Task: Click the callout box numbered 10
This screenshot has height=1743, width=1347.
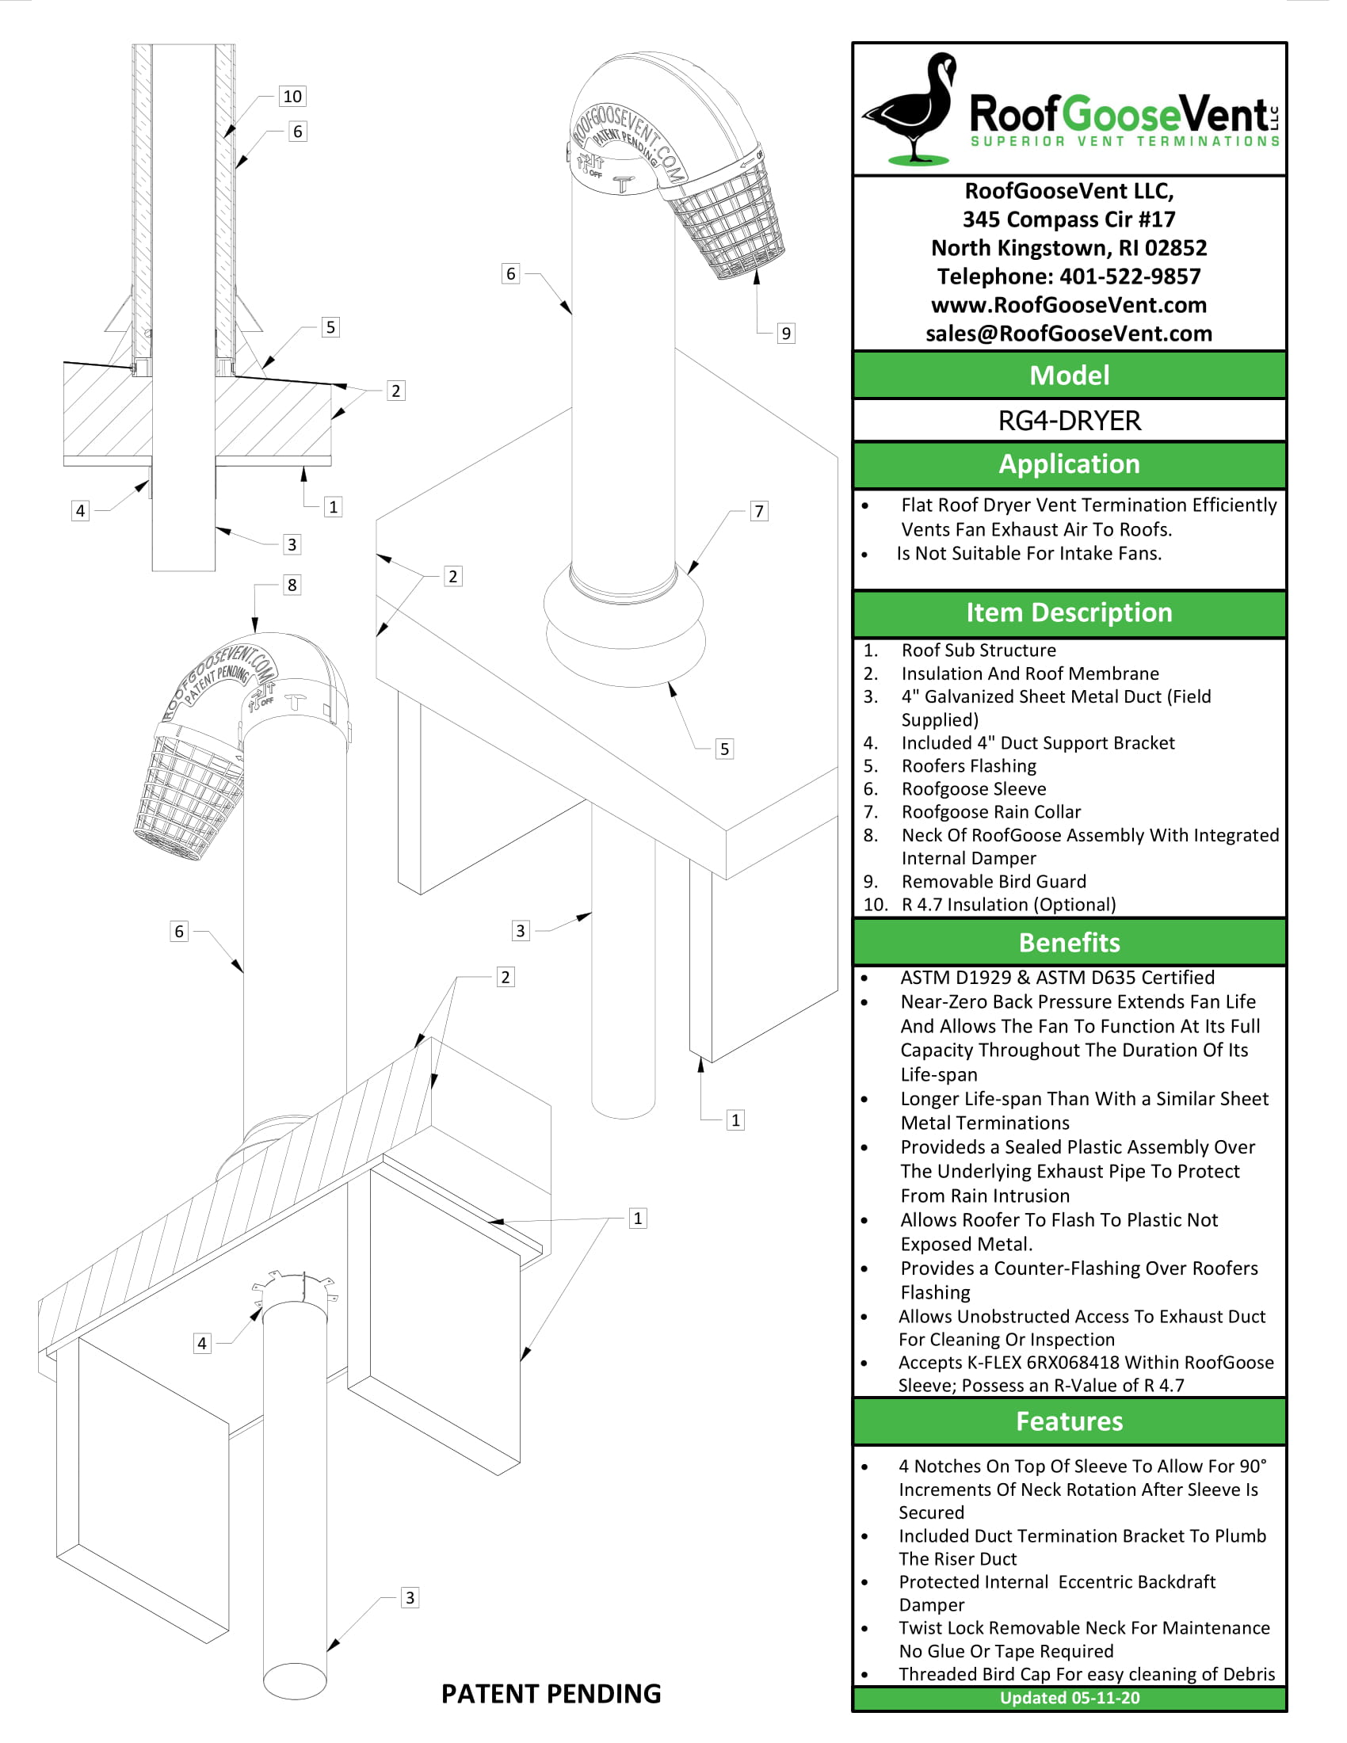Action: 292,97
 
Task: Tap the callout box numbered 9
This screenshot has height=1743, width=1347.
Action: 786,334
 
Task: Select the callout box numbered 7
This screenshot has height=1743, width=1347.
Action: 759,512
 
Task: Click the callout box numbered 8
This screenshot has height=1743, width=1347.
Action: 292,585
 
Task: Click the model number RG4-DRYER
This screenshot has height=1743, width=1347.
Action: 1070,421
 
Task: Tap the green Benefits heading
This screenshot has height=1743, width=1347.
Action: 1070,943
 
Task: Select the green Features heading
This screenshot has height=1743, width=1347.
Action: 1070,1421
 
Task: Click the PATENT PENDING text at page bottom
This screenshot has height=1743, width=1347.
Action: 551,1694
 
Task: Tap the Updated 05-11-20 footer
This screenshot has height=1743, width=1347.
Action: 1070,1698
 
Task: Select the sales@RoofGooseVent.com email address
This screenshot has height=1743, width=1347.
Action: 1070,334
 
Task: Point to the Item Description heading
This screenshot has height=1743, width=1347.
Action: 1070,612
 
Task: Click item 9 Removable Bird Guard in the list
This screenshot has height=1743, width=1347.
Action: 994,881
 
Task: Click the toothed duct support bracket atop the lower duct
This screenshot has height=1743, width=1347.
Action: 296,1287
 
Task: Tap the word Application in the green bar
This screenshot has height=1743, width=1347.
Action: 1070,463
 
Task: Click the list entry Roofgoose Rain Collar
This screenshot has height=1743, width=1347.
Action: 991,811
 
